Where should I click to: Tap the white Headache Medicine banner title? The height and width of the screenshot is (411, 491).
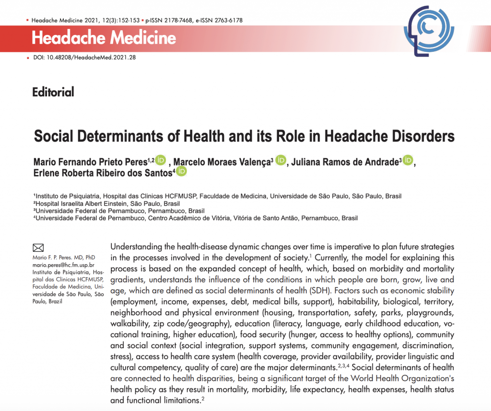(104, 37)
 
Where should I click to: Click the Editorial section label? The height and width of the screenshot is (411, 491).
(53, 92)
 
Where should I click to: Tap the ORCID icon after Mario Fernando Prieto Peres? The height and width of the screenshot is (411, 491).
(161, 160)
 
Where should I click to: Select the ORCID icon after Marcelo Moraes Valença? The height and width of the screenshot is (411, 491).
(281, 160)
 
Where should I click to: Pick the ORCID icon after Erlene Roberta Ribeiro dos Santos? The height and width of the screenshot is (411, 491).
(181, 172)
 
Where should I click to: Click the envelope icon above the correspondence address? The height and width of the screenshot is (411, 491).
(38, 248)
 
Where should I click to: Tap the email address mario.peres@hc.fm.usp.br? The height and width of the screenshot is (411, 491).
(63, 264)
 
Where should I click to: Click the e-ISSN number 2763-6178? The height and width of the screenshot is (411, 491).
(225, 21)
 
